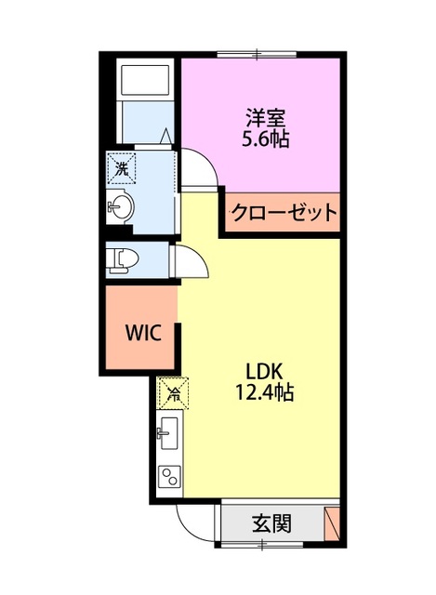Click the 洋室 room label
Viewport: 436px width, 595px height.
[266, 119]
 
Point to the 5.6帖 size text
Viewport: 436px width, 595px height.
[266, 140]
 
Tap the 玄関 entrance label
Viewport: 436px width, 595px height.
[271, 523]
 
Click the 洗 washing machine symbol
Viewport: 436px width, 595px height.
[121, 168]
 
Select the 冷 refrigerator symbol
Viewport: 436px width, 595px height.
[173, 392]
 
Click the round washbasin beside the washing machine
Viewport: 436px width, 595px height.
[122, 206]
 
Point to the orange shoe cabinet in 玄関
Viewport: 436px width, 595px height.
[332, 523]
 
